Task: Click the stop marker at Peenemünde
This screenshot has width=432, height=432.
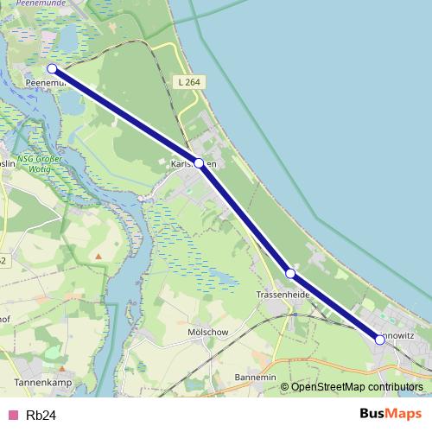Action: tap(52, 68)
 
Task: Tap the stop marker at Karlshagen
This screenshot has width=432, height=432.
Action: tap(199, 162)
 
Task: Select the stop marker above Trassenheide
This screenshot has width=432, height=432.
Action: tap(290, 273)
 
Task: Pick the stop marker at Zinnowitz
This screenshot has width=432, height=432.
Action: tap(380, 340)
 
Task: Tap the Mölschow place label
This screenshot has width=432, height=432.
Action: tap(207, 332)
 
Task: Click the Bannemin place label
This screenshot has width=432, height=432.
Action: tap(255, 378)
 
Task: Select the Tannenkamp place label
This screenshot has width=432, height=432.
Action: tap(41, 380)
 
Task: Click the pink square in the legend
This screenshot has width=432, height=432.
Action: tap(12, 416)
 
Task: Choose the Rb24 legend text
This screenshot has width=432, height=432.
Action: tap(41, 416)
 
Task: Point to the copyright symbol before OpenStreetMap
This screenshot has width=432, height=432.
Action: tap(284, 387)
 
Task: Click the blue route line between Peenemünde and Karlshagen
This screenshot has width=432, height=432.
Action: tap(125, 116)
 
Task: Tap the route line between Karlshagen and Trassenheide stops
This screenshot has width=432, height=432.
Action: tap(245, 218)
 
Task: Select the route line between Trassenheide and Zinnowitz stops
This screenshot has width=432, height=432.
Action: tap(335, 307)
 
